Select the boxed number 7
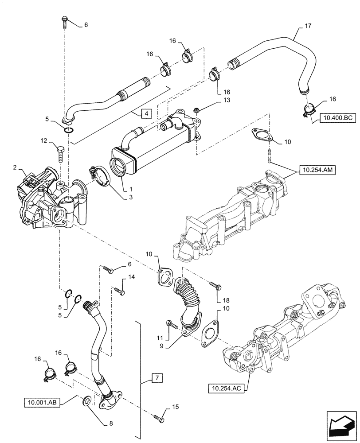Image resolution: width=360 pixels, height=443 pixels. point(156,378)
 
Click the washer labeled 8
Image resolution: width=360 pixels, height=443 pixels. point(88,402)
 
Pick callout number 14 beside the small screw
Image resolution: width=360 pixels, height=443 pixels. point(131,277)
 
